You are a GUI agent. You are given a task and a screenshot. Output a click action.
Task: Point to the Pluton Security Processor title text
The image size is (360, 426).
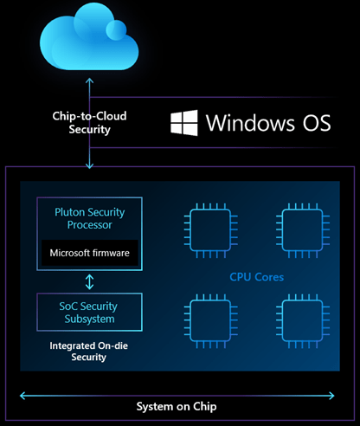point(88,217)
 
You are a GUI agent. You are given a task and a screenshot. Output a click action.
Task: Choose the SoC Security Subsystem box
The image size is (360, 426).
point(88,312)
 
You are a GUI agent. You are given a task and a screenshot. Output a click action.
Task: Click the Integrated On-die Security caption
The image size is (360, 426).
point(88,351)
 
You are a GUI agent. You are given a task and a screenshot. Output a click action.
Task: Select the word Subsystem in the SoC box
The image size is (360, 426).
point(88,319)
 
